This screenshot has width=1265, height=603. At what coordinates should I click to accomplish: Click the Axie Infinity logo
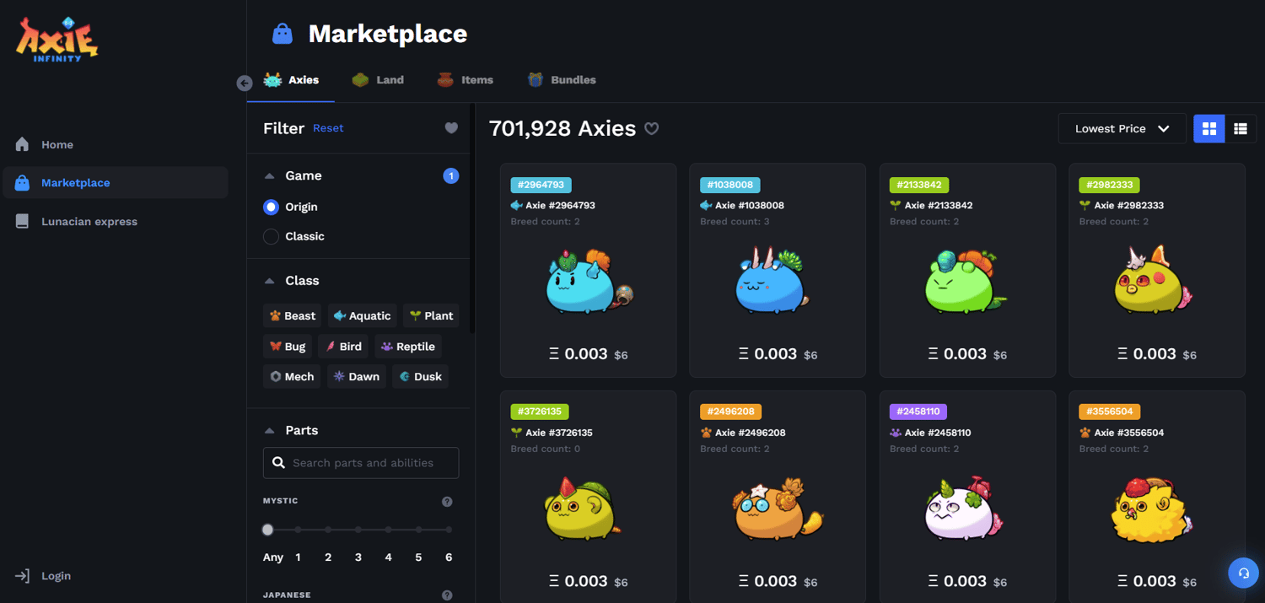pos(57,40)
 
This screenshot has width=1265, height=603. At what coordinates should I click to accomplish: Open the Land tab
pos(378,80)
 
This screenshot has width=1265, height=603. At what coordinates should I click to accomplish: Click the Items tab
pos(466,80)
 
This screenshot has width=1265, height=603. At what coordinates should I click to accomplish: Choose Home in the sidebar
pos(57,145)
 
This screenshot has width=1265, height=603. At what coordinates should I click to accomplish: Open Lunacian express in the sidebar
pos(89,222)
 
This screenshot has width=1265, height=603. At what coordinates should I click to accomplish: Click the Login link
pos(56,576)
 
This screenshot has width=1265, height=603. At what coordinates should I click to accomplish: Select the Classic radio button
pos(271,237)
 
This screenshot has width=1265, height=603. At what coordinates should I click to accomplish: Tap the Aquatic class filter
pos(362,316)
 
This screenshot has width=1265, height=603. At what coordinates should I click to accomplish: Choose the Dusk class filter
pos(420,377)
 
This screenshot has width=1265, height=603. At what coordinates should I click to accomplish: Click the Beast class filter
pos(292,316)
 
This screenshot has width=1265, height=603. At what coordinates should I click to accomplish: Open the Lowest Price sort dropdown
pos(1122,129)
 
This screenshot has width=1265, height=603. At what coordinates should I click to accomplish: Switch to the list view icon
pos(1240,129)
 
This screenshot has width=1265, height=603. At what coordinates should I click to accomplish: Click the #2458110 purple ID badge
pos(918,412)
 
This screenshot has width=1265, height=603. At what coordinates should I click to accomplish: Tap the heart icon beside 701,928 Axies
pos(652,129)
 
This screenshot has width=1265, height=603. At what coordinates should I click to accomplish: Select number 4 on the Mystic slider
pos(388,530)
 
